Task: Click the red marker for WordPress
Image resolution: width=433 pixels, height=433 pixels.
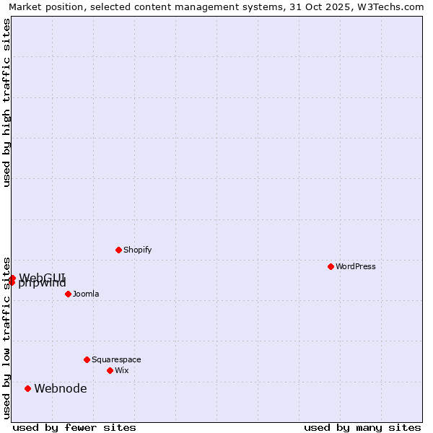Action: tap(331, 266)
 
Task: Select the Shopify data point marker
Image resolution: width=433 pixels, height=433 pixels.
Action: tap(118, 250)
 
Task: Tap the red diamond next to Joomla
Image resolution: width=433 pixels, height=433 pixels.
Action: tap(68, 294)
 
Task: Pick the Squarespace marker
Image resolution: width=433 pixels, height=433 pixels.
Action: tap(87, 359)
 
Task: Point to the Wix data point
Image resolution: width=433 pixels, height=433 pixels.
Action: tap(110, 370)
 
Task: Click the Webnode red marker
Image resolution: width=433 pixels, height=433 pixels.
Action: tap(27, 388)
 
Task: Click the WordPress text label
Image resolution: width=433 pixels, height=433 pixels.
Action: tap(356, 266)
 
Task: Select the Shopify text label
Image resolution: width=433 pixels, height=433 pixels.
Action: tap(137, 250)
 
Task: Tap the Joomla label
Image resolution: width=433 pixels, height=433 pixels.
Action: tap(86, 294)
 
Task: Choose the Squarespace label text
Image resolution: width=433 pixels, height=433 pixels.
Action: tap(116, 359)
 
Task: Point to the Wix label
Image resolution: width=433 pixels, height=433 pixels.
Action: tap(122, 370)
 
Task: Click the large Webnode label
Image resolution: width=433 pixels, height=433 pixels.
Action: tap(61, 388)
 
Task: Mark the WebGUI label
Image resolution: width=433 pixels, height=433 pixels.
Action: tap(43, 277)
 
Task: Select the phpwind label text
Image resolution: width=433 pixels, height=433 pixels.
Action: tap(43, 284)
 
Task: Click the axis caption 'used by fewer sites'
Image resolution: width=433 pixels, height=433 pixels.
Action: tap(74, 427)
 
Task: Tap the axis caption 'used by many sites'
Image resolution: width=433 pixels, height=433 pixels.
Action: tap(362, 427)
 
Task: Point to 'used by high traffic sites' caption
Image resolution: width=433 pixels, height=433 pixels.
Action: tap(6, 102)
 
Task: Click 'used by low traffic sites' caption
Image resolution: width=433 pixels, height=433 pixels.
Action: tap(6, 337)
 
